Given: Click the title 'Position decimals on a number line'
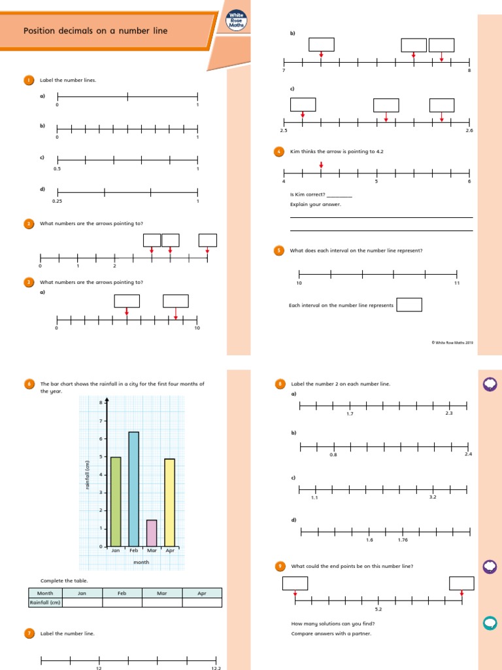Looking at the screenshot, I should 95,31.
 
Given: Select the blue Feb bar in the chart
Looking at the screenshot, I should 133,489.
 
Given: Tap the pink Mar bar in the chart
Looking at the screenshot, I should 152,533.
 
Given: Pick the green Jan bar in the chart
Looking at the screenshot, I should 116,501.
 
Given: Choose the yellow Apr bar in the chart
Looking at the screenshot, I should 170,502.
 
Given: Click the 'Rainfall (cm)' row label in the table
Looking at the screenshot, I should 45,603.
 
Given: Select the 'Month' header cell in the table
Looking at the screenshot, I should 45,593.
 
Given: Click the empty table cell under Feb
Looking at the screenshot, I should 122,603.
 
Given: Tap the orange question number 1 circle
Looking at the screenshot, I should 29,80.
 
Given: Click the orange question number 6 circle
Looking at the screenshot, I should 29,384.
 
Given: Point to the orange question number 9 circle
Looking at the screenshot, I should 279,566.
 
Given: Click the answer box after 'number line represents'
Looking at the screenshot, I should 409,305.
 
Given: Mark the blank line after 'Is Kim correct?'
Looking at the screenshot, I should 339,194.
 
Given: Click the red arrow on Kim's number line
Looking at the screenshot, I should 321,164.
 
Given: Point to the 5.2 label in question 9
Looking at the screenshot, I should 378,609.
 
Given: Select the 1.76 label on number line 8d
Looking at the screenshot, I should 403,540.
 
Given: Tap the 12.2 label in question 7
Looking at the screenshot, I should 216,668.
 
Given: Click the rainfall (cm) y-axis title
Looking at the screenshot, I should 86,475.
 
